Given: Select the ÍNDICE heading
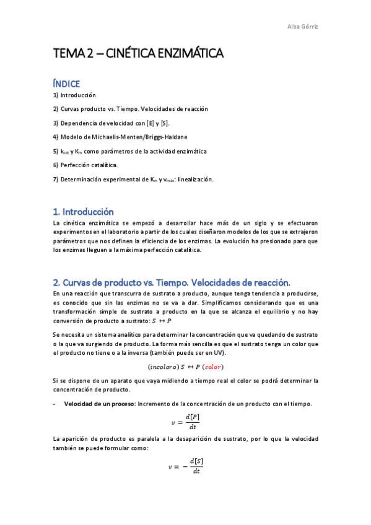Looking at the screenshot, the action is point(66,83).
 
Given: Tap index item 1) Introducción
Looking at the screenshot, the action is point(74,95).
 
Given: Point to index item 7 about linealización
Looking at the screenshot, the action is point(133,179).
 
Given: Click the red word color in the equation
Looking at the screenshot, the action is point(214,367).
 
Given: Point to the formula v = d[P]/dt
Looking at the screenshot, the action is point(185,422).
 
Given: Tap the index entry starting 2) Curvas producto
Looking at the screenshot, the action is point(130,109).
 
